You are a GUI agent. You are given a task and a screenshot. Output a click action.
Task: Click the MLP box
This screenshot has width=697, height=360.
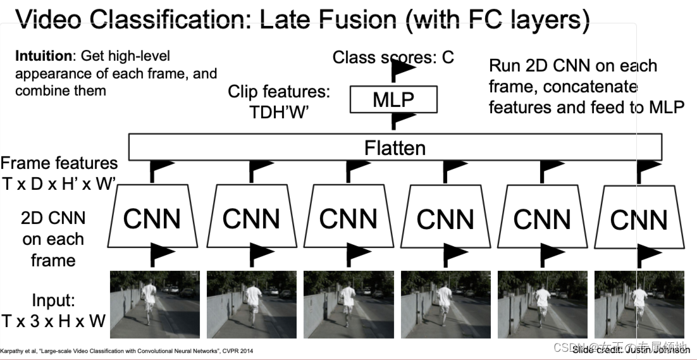[393, 100]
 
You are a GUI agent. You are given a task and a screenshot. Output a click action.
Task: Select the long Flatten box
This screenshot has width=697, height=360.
[395, 147]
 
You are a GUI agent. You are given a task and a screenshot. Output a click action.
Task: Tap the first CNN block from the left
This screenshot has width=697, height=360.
[152, 216]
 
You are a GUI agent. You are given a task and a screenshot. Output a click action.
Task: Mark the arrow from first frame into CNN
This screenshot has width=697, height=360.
[158, 256]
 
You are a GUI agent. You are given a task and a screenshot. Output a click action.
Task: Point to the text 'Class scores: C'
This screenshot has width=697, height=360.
[393, 58]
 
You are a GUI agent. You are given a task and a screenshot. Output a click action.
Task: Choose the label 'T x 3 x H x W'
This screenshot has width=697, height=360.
[53, 321]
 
